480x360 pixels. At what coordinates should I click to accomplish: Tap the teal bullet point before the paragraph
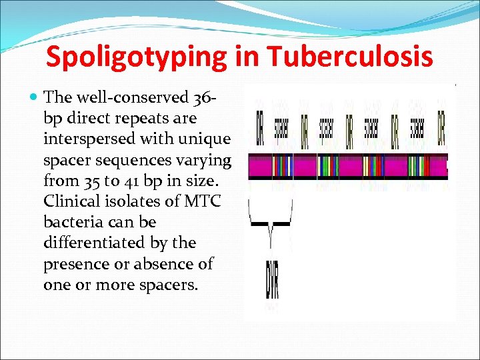click(x=35, y=98)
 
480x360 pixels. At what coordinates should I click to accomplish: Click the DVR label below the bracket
click(x=271, y=280)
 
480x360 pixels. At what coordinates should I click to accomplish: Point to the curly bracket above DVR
click(x=270, y=223)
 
